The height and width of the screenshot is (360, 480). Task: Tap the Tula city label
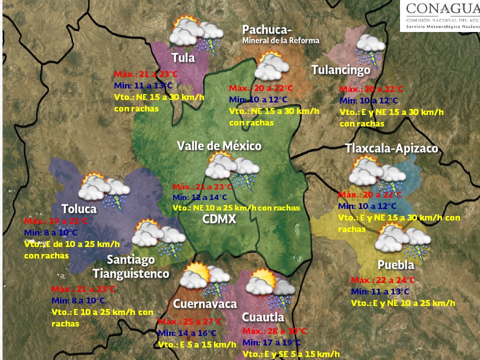[x=183, y=57]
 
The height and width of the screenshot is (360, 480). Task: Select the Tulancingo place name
[x=341, y=70]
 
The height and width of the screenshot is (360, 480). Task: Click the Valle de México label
[x=219, y=146]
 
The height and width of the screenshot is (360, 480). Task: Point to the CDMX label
[x=218, y=219]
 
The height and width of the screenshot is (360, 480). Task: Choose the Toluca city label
[x=79, y=208]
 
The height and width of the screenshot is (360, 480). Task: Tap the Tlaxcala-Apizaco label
[x=391, y=148]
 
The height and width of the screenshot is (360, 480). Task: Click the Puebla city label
[x=395, y=265]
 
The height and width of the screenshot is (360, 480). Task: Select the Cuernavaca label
[x=205, y=304]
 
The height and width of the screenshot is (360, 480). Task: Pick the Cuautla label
[x=262, y=317]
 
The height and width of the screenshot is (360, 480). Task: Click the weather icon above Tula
[x=195, y=34]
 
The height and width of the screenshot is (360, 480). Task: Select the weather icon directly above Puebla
[x=402, y=240]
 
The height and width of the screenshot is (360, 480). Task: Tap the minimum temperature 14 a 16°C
[x=187, y=333]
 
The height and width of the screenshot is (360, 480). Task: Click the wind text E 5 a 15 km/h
[x=197, y=344]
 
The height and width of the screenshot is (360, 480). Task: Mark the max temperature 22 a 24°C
[x=383, y=280]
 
